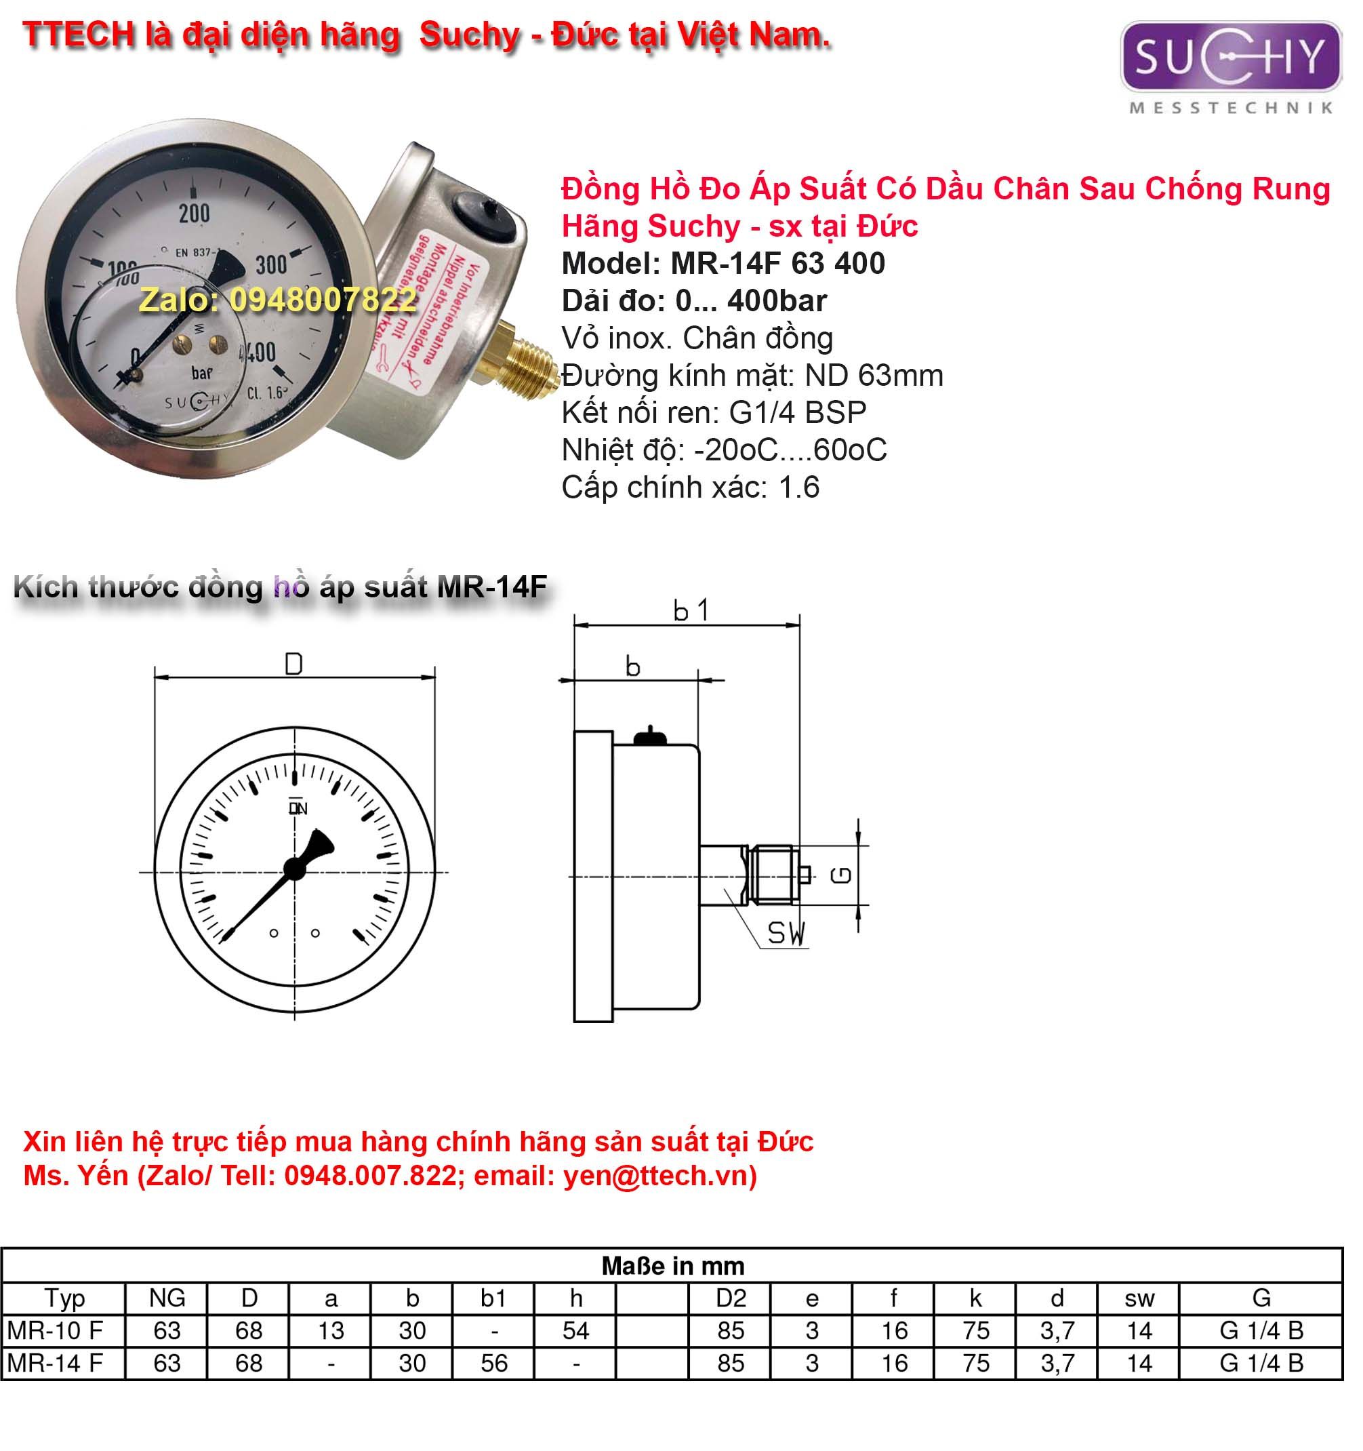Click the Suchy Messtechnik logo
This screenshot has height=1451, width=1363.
click(1230, 66)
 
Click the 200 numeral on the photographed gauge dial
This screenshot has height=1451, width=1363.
click(194, 213)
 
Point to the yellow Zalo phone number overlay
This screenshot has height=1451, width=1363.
click(278, 299)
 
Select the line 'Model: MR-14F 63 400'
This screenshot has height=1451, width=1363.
click(723, 264)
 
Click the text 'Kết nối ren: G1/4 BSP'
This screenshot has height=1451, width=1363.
click(714, 413)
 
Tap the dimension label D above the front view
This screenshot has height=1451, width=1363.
click(293, 664)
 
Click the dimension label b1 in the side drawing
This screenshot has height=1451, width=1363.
click(690, 610)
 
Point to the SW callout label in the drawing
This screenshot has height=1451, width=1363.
click(785, 933)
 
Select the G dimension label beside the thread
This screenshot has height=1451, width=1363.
click(842, 875)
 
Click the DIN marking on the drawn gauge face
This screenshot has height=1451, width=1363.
click(298, 808)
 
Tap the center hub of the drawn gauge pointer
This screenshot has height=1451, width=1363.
click(294, 869)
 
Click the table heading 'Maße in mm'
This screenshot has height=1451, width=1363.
click(672, 1267)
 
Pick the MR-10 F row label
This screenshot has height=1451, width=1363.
click(56, 1330)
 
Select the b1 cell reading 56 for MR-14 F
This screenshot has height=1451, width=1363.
click(493, 1364)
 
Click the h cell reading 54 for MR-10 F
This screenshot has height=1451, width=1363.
click(575, 1330)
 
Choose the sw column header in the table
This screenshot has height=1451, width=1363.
click(1138, 1298)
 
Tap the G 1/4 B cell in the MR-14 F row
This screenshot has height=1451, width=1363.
click(1261, 1364)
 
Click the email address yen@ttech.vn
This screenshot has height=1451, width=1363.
click(655, 1176)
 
